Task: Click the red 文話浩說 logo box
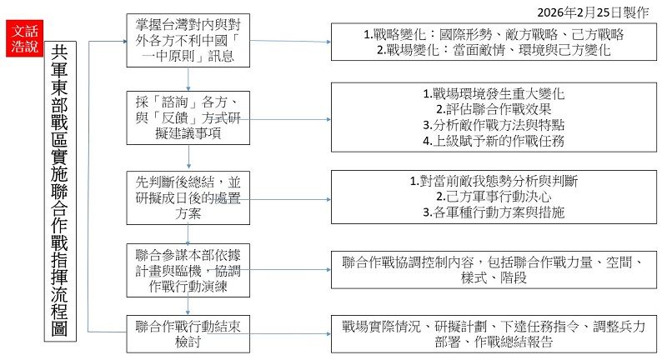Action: [x=22, y=38]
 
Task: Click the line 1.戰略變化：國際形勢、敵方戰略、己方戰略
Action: [x=495, y=35]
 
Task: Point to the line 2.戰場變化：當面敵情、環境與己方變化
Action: [x=494, y=50]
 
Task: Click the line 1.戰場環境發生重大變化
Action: [x=494, y=92]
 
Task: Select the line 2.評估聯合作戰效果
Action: [x=494, y=108]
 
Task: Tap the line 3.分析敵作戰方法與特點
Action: [x=494, y=125]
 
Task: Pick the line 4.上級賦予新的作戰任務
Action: [x=494, y=141]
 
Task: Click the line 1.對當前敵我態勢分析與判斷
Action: [x=494, y=180]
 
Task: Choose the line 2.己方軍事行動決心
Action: [x=494, y=197]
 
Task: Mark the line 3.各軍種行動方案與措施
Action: [x=494, y=212]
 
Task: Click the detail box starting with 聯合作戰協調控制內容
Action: [x=494, y=270]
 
